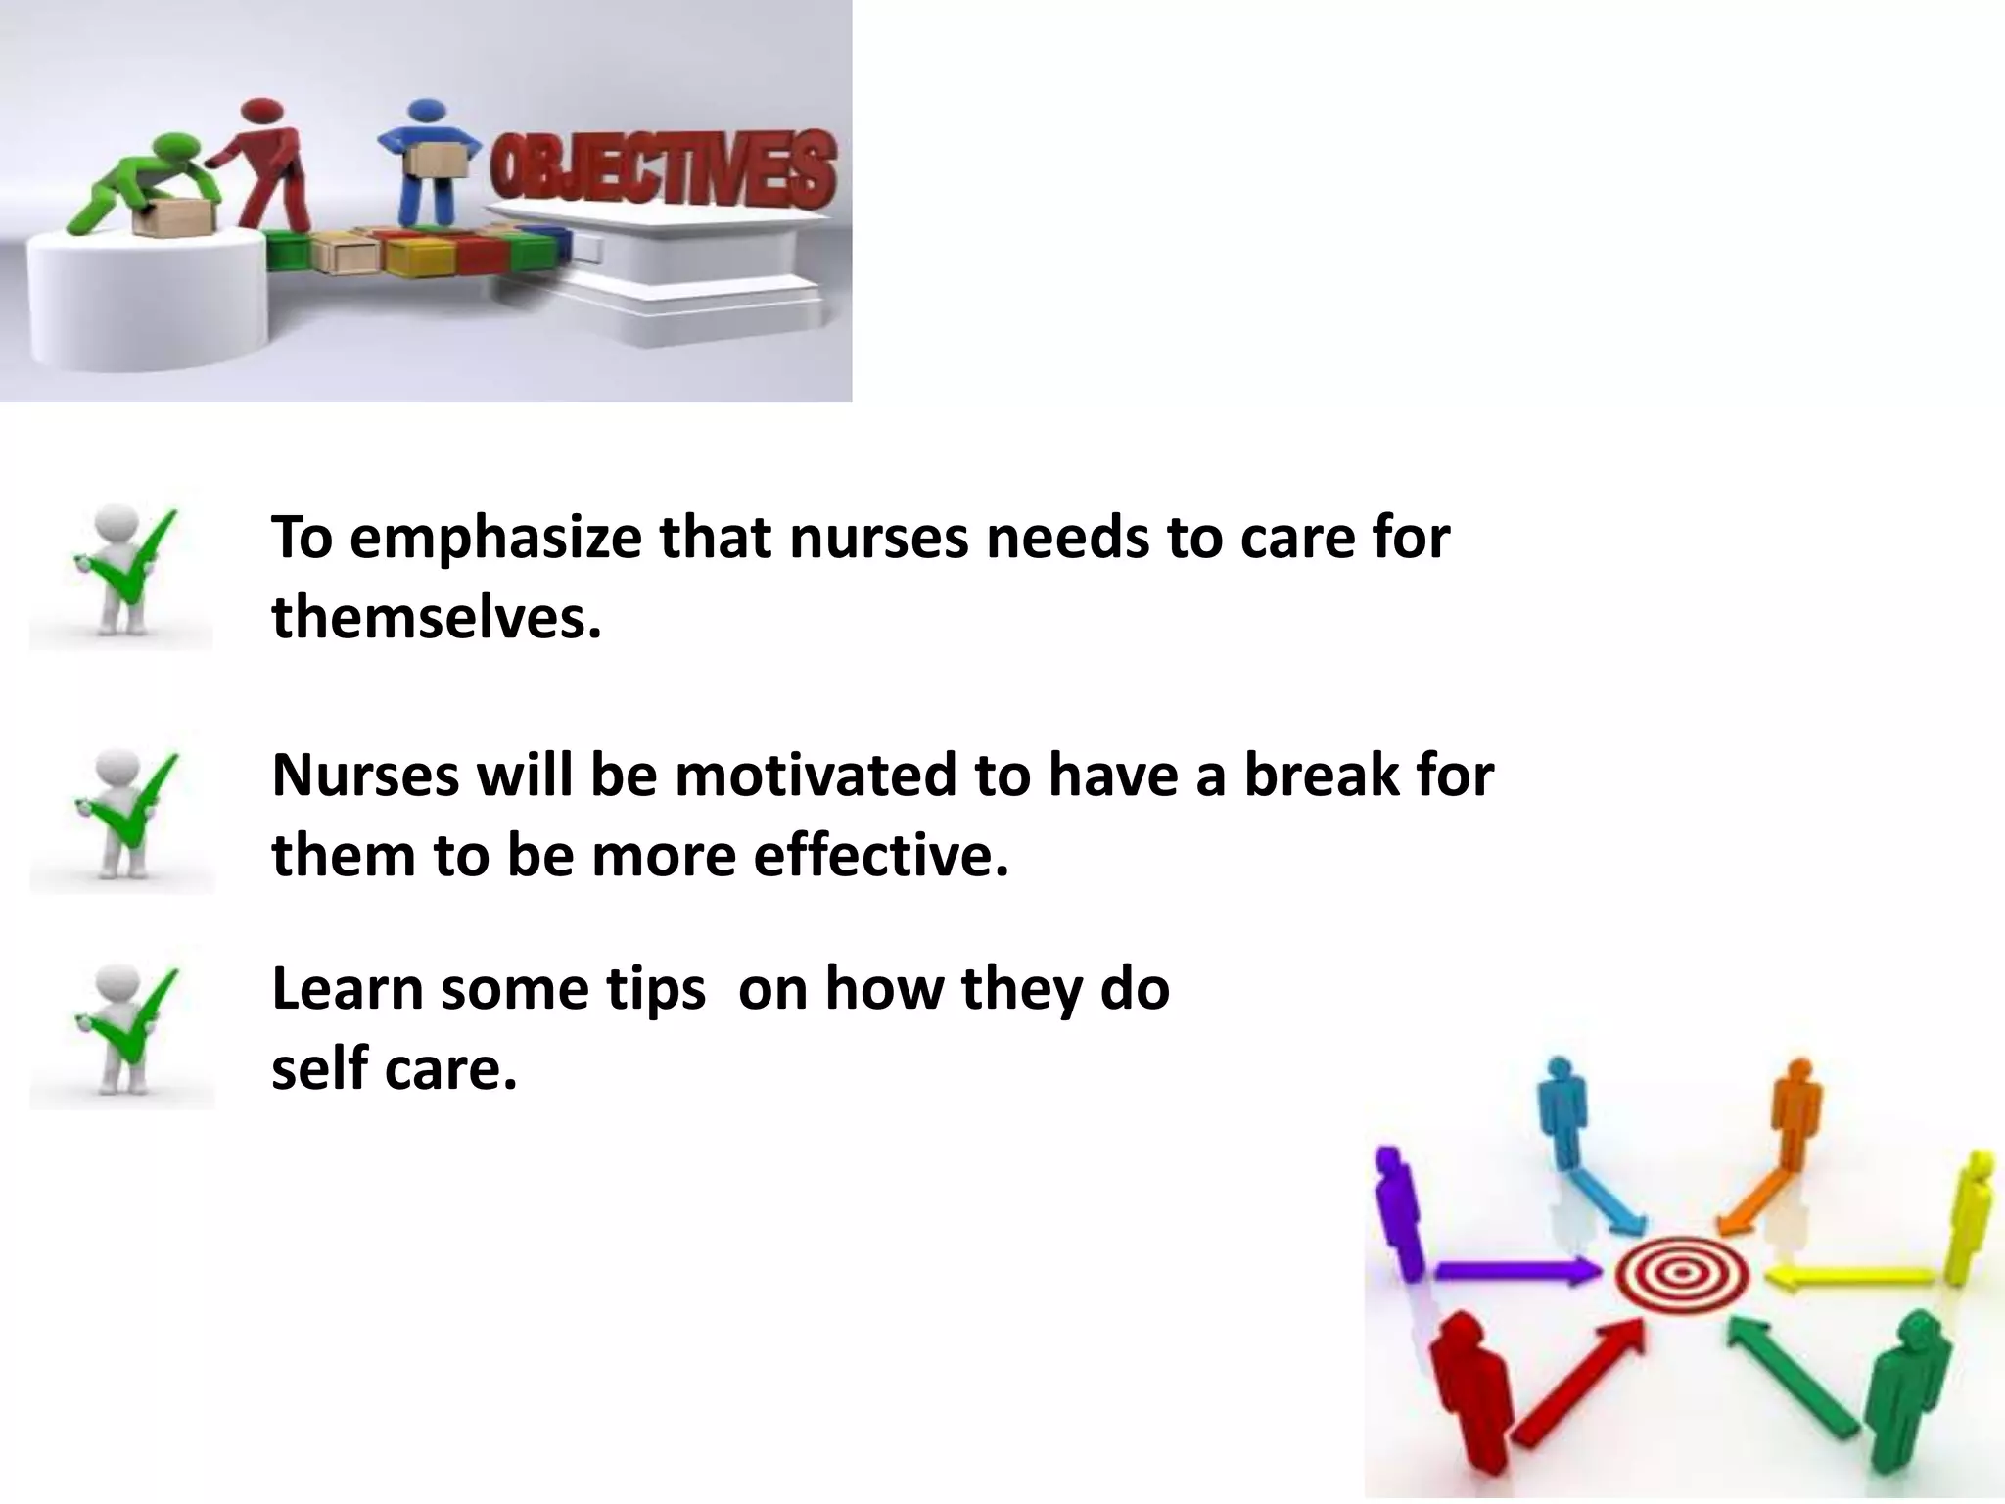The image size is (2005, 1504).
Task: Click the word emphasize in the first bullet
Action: click(x=497, y=539)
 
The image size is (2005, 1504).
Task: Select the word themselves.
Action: click(x=436, y=619)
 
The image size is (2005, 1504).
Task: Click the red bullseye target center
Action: click(x=1681, y=1273)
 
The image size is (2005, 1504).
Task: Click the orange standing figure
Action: click(x=1795, y=1116)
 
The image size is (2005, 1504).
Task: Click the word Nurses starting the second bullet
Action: click(x=363, y=775)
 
